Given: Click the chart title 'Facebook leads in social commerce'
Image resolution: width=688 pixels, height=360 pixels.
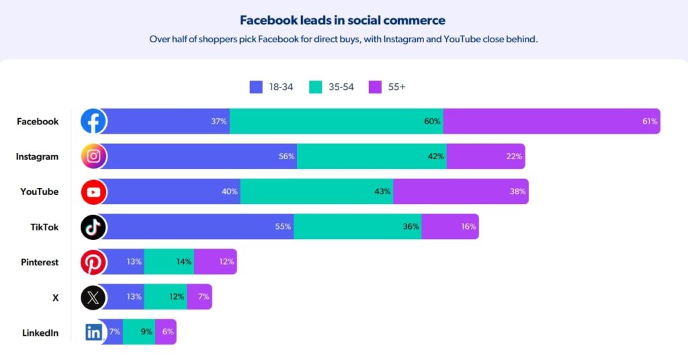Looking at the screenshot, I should tap(343, 20).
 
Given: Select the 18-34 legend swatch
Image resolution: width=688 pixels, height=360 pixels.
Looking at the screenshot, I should tap(256, 87).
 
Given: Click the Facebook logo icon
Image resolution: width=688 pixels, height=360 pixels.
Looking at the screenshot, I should tap(93, 122).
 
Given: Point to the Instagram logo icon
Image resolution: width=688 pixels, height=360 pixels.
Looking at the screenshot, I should tap(93, 156).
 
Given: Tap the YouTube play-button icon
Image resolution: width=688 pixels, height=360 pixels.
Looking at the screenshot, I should tap(93, 192).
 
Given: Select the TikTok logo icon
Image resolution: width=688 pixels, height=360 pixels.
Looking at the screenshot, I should tap(93, 227).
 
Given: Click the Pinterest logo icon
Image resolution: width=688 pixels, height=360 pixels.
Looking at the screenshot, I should tap(93, 262).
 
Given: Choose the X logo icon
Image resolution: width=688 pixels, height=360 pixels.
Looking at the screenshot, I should tap(93, 297).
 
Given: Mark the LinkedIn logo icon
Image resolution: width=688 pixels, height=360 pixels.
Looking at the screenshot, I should tap(93, 332).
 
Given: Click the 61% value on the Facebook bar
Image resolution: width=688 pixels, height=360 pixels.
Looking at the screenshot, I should tap(650, 122).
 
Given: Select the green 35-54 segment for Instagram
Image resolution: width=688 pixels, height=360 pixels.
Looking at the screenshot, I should tap(371, 156).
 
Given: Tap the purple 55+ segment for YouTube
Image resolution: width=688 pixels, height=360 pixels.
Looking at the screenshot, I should tap(461, 192).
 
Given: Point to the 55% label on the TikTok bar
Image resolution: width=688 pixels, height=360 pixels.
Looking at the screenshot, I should tap(283, 227).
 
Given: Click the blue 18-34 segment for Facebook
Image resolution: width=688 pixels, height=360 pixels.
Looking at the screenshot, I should tap(168, 122).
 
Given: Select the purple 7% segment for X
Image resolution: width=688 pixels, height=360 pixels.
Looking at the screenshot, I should tap(200, 297).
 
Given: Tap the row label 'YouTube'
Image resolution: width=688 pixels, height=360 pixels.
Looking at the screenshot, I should tap(39, 192).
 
